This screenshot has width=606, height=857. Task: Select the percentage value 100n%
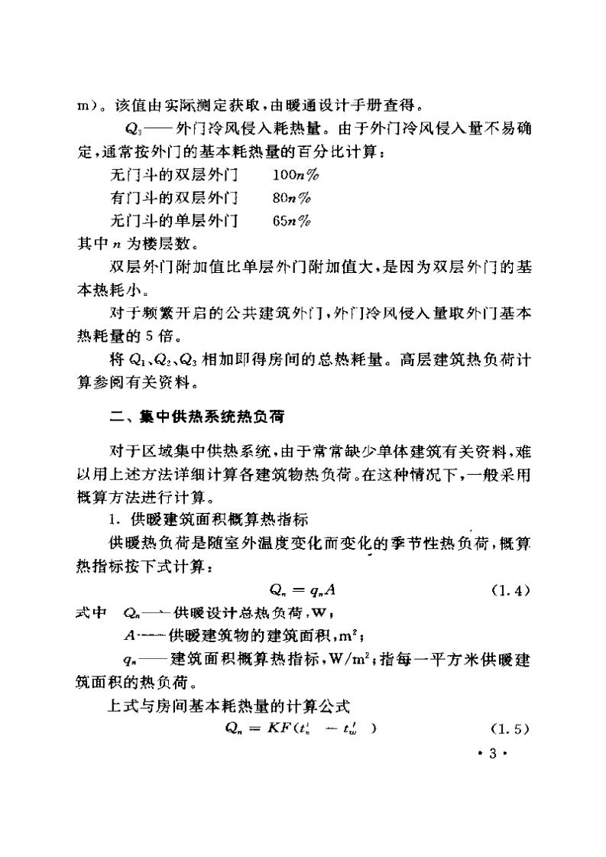coord(294,175)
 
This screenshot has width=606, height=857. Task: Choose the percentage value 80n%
coord(290,198)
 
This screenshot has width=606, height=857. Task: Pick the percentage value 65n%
coord(290,222)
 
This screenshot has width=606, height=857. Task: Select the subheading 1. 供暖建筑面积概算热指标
coord(208,521)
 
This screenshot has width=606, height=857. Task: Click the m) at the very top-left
coord(86,105)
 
